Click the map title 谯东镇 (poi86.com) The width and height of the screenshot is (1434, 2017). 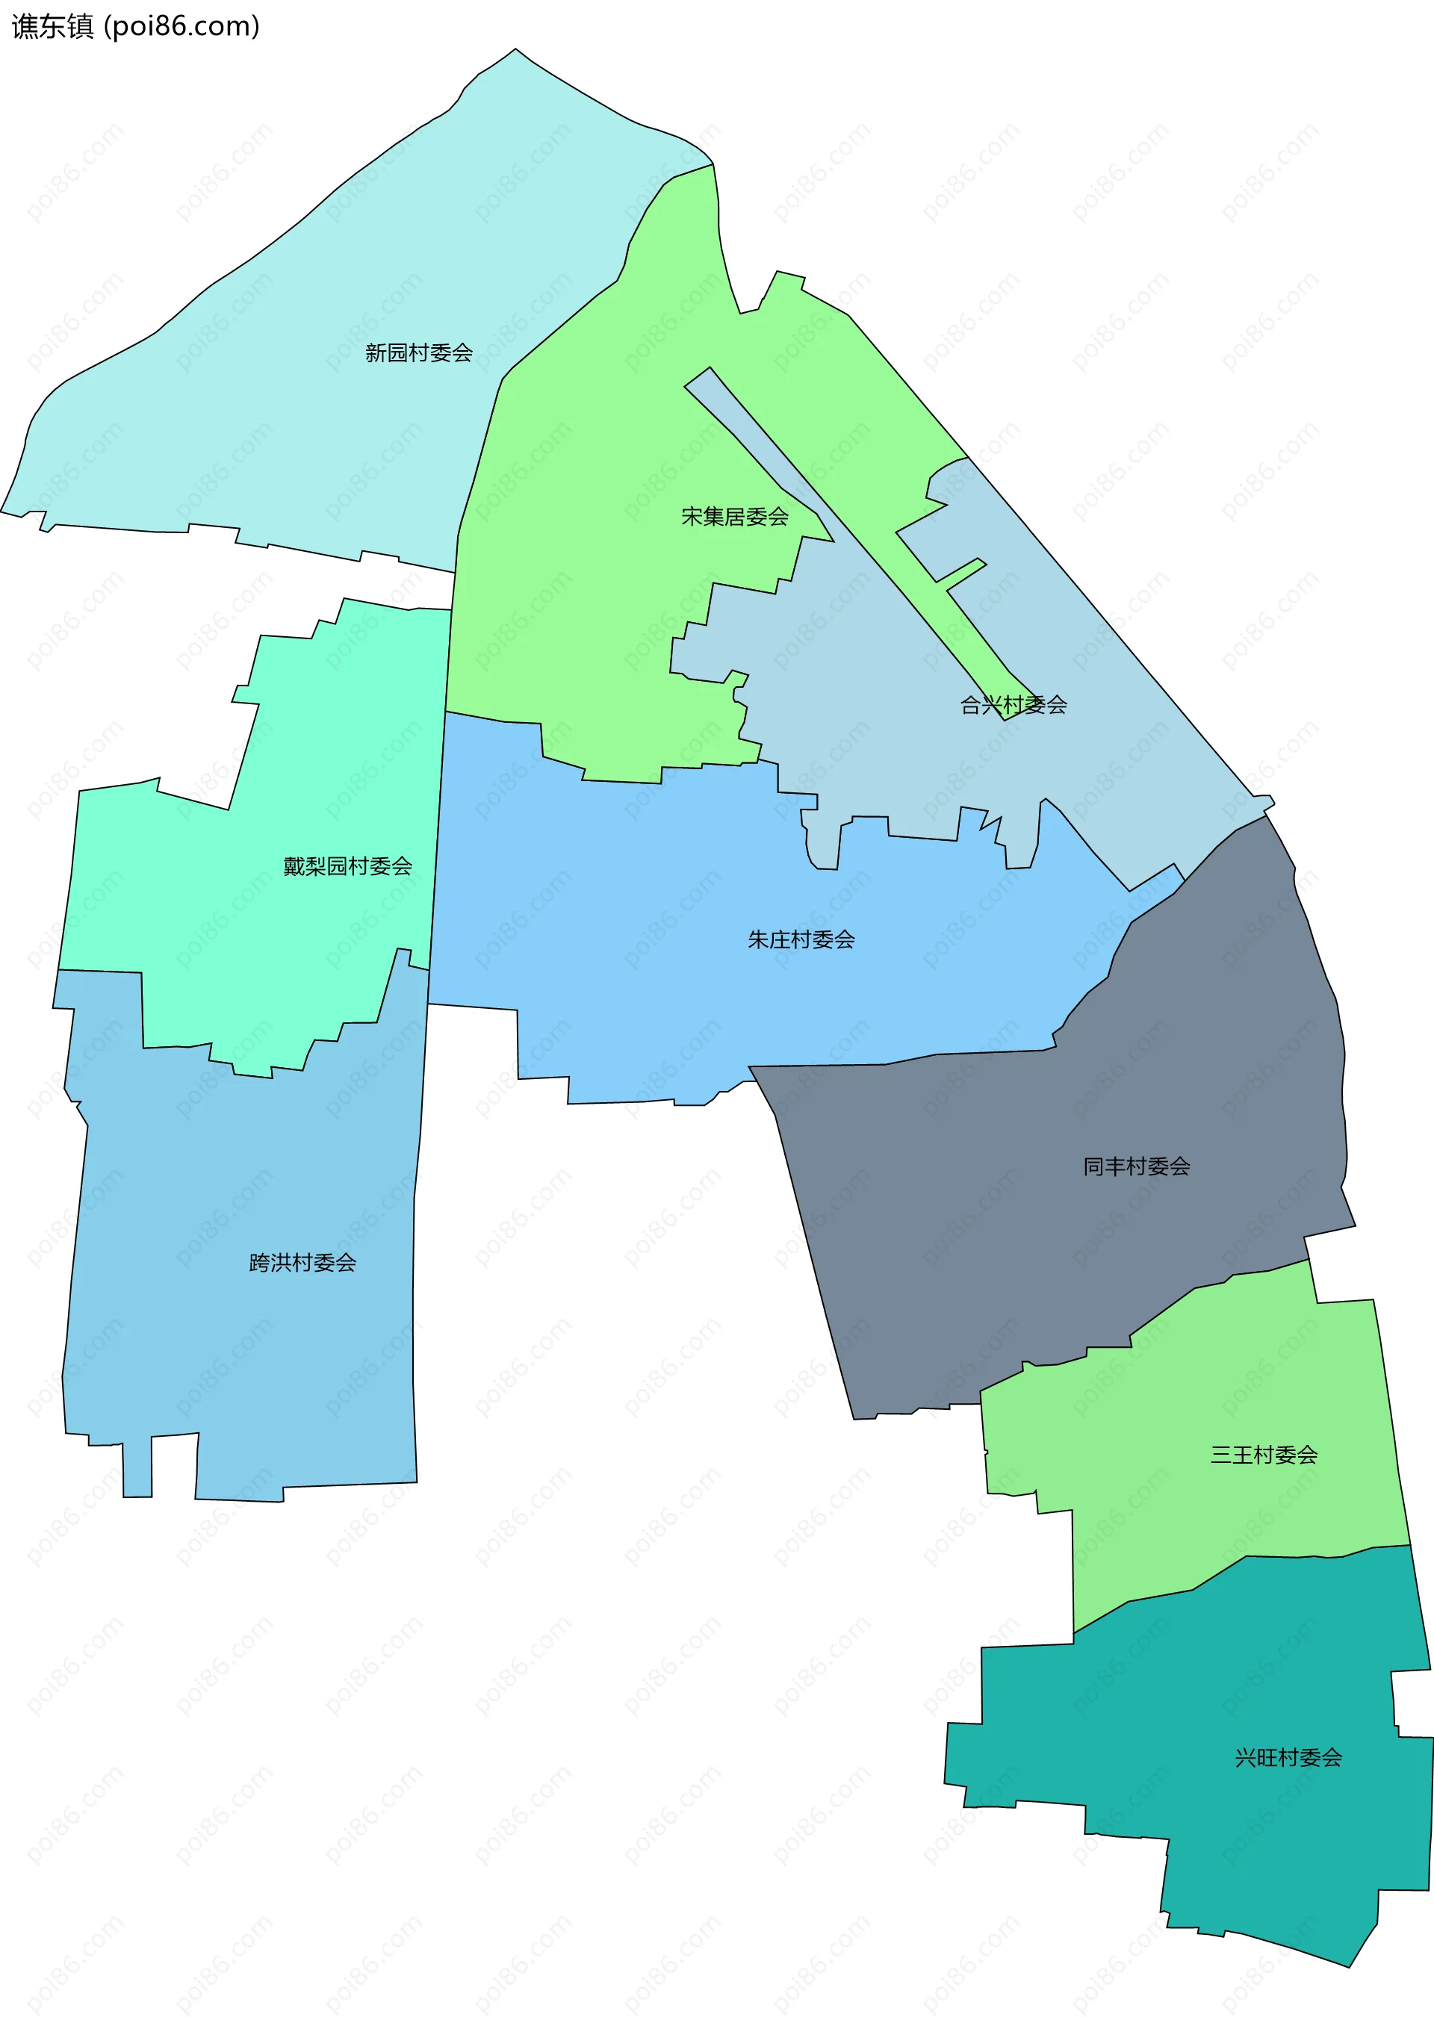(135, 26)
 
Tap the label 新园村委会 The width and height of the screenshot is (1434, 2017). (418, 353)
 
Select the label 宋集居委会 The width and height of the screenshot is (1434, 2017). (735, 517)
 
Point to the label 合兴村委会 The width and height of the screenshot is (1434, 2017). (1013, 704)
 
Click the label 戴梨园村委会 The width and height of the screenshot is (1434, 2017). (347, 866)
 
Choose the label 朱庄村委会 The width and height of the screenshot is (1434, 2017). (801, 939)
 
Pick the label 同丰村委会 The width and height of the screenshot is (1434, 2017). (1137, 1166)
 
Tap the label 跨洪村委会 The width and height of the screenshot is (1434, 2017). (302, 1262)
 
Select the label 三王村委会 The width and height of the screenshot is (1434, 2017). (1264, 1455)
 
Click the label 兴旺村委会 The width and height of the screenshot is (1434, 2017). (1288, 1757)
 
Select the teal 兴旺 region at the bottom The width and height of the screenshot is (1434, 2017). (1236, 1836)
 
